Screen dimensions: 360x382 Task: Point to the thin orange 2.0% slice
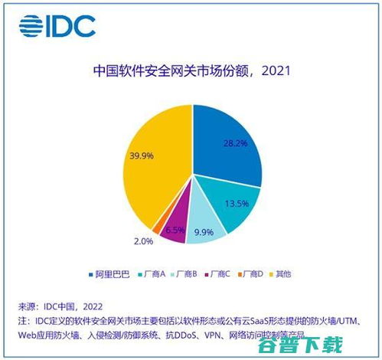coord(158,227)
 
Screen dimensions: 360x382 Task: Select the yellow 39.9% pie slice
coord(149,165)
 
